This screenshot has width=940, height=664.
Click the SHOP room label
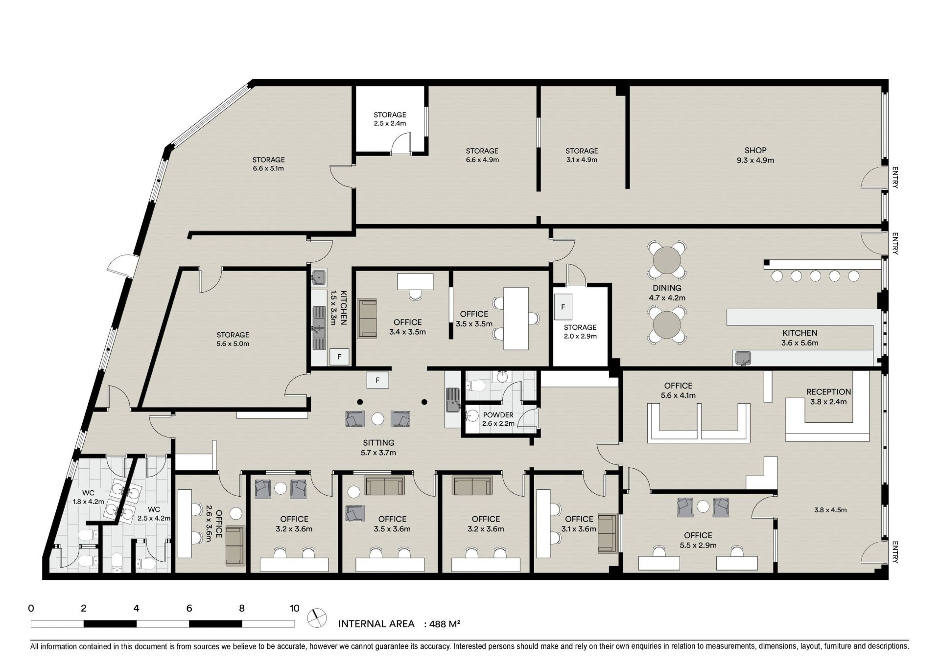(755, 150)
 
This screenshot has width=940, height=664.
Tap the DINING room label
(667, 288)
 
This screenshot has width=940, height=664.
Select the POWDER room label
(498, 415)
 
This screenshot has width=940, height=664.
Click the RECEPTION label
(829, 392)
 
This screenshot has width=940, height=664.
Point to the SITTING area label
(378, 443)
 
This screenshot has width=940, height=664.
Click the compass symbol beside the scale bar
(317, 618)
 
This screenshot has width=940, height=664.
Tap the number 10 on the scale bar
(294, 609)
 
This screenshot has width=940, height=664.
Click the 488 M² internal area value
(445, 624)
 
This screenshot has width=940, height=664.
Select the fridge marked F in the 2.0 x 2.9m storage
(564, 307)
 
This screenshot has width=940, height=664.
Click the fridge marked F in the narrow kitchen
(339, 357)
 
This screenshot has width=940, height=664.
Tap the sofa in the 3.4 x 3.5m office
(367, 319)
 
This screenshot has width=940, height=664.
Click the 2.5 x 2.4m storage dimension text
(390, 123)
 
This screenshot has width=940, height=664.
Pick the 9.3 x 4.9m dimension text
(755, 160)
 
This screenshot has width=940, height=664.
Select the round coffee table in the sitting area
(377, 419)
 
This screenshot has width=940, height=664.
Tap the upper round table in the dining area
(667, 259)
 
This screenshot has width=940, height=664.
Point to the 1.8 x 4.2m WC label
(89, 497)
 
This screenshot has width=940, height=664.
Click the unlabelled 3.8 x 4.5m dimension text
(830, 510)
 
